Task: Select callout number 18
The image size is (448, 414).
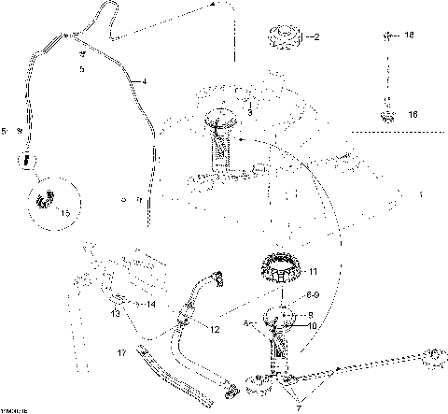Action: [409, 35]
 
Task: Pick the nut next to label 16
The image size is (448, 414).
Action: [385, 115]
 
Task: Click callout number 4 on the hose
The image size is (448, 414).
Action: [145, 82]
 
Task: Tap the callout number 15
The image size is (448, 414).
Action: [63, 214]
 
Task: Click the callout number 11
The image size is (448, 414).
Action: [314, 271]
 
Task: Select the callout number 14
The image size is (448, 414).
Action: [149, 304]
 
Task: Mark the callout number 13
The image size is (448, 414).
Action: [117, 315]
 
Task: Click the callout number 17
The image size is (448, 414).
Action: [121, 353]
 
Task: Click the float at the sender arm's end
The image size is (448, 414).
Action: [433, 354]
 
